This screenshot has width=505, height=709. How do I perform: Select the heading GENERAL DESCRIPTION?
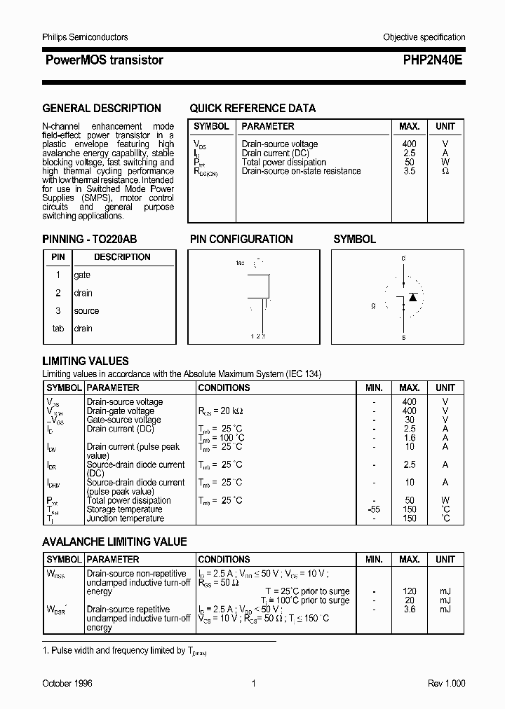pyautogui.click(x=102, y=109)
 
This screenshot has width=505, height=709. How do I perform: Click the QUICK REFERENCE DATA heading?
pyautogui.click(x=252, y=109)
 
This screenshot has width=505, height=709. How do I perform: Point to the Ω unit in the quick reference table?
pyautogui.click(x=445, y=171)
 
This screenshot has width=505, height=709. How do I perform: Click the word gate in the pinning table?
pyautogui.click(x=82, y=275)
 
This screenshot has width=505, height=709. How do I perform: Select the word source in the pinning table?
pyautogui.click(x=86, y=311)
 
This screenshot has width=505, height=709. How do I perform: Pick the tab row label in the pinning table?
pyautogui.click(x=58, y=329)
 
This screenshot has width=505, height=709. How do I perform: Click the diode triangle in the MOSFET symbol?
pyautogui.click(x=413, y=297)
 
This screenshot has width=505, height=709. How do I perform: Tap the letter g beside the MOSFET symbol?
pyautogui.click(x=374, y=305)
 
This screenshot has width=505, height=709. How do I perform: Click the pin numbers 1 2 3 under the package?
pyautogui.click(x=257, y=337)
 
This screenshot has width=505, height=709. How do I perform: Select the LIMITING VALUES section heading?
pyautogui.click(x=86, y=362)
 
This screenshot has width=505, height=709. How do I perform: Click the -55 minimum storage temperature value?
pyautogui.click(x=374, y=509)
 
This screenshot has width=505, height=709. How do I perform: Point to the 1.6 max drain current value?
pyautogui.click(x=410, y=438)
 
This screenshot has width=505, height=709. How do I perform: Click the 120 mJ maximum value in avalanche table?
pyautogui.click(x=410, y=591)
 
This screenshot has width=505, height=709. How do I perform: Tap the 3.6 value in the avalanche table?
pyautogui.click(x=410, y=610)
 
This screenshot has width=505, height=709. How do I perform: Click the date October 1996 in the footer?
pyautogui.click(x=67, y=683)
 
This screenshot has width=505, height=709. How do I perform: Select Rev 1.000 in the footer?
pyautogui.click(x=446, y=683)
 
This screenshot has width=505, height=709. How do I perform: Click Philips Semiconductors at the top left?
pyautogui.click(x=85, y=37)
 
